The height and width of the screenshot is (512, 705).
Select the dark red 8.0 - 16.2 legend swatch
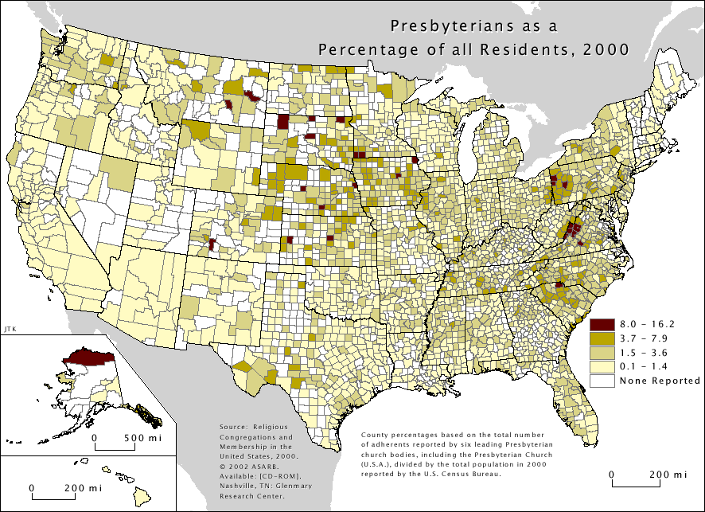click(x=601, y=324)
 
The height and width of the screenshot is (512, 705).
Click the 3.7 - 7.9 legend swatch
click(x=601, y=338)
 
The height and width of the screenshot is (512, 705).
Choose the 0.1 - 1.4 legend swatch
click(x=601, y=367)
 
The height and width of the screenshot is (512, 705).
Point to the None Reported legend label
click(x=659, y=381)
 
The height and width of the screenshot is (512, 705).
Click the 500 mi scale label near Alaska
click(x=143, y=439)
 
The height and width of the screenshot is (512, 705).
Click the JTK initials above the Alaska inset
click(x=10, y=327)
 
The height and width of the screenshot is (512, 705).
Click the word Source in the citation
click(x=232, y=428)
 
